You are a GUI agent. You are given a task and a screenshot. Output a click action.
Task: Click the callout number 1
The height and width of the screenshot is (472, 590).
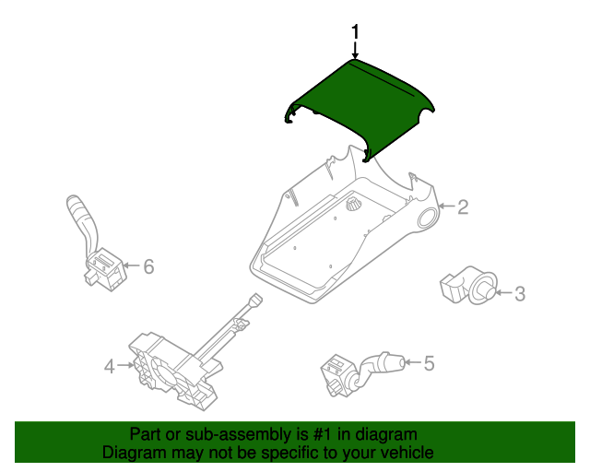point(355,31)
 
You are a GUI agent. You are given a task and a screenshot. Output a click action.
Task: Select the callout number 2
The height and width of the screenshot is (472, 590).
point(463,207)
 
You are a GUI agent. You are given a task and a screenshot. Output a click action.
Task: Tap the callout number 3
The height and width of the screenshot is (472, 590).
point(520,293)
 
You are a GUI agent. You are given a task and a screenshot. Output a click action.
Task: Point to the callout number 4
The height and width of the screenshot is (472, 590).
point(109,366)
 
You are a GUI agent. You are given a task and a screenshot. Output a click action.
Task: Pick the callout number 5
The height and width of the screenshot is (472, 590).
point(430,363)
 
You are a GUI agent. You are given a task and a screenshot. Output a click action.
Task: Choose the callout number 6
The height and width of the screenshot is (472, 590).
point(149,266)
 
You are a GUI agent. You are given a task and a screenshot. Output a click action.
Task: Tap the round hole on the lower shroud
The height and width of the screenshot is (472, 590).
point(427,218)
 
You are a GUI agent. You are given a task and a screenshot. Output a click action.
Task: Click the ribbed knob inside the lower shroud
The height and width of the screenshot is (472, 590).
point(353,204)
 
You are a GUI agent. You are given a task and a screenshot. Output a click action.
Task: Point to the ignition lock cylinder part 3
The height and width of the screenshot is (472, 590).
point(468,285)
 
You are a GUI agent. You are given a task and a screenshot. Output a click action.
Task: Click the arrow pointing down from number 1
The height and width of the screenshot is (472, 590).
point(355,49)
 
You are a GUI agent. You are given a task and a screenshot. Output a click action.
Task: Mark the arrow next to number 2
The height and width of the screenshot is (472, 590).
point(446,206)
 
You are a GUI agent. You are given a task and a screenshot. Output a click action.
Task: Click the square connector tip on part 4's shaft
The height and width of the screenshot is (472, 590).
point(256,300)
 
